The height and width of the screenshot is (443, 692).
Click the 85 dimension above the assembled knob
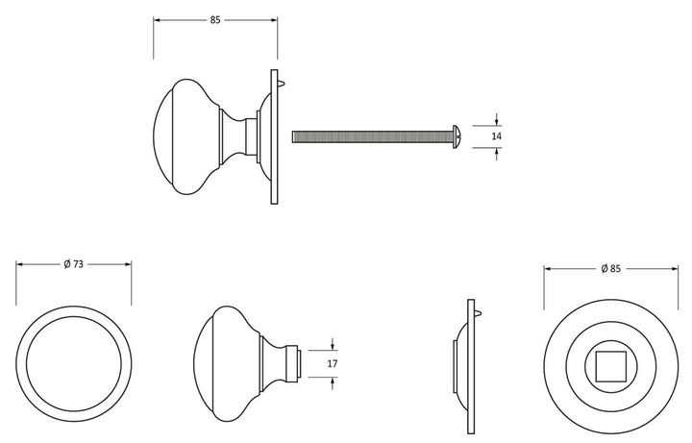(215, 20)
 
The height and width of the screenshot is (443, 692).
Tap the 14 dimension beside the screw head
(497, 136)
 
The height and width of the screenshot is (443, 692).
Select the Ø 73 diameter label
(73, 264)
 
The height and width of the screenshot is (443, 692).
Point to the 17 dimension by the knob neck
(333, 363)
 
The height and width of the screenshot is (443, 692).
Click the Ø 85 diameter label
(611, 268)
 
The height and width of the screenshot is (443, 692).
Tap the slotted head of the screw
(457, 136)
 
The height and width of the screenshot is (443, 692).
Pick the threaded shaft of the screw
(372, 136)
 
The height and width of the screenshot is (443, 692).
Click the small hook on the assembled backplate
(283, 83)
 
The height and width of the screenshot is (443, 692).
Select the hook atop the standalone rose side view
(479, 313)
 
